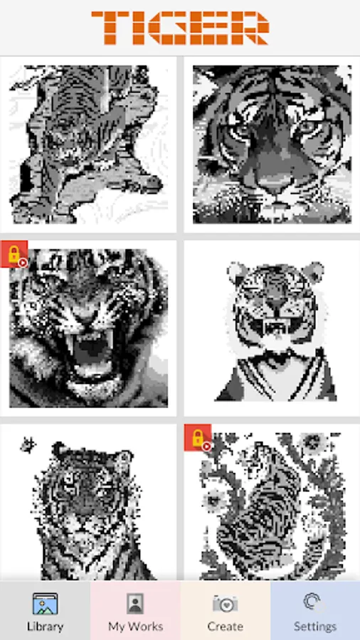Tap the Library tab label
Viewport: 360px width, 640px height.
[45, 626]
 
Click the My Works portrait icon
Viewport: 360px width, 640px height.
[135, 604]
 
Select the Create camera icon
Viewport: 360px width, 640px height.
[225, 604]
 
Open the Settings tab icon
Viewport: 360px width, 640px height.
[312, 602]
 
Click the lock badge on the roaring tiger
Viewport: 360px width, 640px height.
[14, 255]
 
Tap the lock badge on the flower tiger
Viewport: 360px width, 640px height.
[198, 438]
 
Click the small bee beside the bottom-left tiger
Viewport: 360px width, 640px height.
[28, 444]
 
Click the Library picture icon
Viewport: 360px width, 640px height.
[45, 604]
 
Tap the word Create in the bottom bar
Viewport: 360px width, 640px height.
[225, 626]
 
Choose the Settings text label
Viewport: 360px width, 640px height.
[315, 626]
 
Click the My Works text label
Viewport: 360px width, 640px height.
[135, 626]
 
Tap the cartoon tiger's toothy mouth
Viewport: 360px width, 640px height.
[277, 326]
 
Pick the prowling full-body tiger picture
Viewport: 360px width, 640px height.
[88, 144]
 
